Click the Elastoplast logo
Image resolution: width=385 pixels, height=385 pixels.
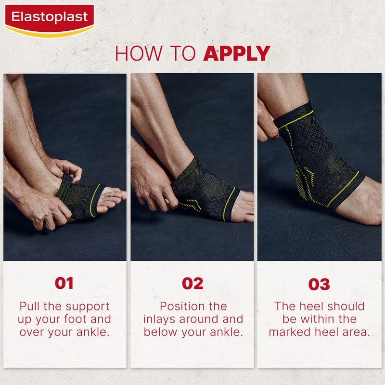click(x=49, y=18)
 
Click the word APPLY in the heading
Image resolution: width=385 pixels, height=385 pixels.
click(x=236, y=53)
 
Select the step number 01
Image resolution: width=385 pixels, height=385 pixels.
click(x=64, y=283)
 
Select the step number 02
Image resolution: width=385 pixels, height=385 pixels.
click(x=192, y=283)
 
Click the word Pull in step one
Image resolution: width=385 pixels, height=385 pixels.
click(x=30, y=307)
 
